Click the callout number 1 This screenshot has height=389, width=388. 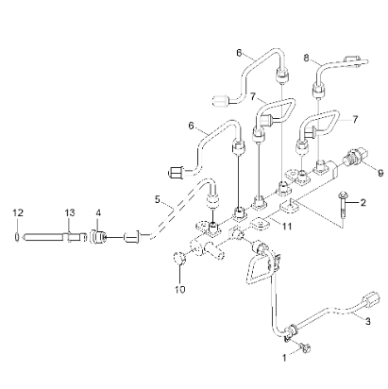coord(284,358)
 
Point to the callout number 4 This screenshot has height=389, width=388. coord(97,213)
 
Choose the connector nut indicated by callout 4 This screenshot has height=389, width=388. coord(97,232)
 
